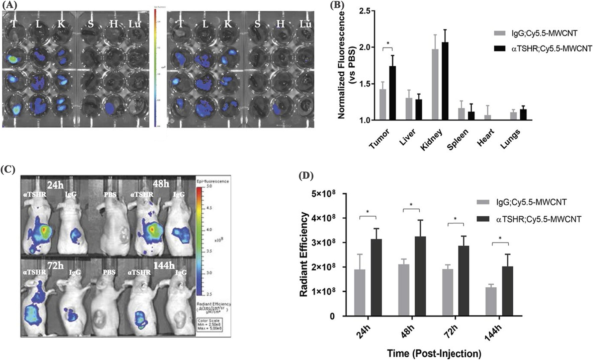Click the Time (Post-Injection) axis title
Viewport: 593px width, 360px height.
click(434, 353)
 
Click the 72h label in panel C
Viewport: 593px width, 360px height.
click(55, 266)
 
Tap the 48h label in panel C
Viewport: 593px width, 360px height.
click(161, 184)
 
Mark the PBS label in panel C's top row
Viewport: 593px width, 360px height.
click(110, 195)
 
